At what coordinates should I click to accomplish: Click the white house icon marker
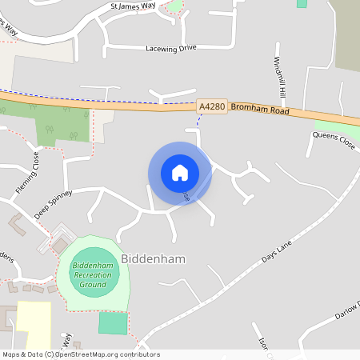180,172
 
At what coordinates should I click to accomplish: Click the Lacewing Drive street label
170,48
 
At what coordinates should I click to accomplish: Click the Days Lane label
279,250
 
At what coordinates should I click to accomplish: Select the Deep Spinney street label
53,204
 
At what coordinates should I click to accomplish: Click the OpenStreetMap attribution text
81,354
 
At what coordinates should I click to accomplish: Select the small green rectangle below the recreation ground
113,323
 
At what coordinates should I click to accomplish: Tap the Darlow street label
347,311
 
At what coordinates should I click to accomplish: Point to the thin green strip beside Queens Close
340,126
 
